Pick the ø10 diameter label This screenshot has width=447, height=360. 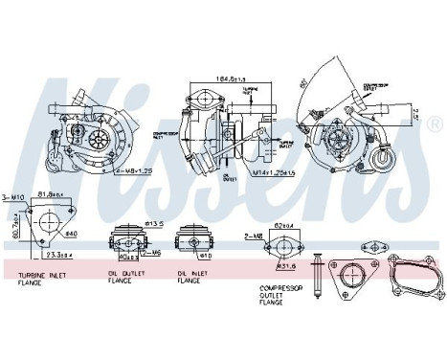coord(204,257)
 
